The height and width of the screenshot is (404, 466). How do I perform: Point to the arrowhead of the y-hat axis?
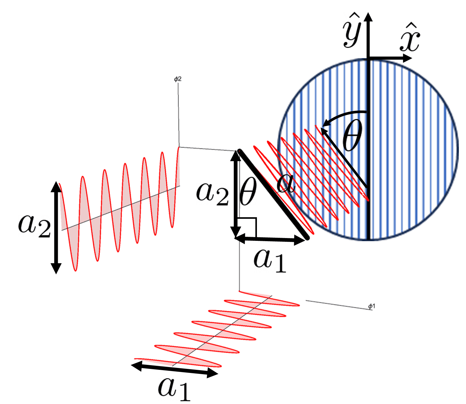pyautogui.click(x=368, y=17)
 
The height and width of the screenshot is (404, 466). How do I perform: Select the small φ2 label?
pyautogui.click(x=178, y=79)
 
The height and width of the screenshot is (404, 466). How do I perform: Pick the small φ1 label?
pyautogui.click(x=372, y=306)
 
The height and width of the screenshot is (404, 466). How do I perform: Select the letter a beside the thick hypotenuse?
pyautogui.click(x=286, y=184)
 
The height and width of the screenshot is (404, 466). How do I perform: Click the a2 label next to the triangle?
pyautogui.click(x=212, y=193)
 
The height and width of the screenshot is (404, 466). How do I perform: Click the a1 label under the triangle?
pyautogui.click(x=269, y=260)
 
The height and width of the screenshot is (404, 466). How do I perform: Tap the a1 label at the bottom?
pyautogui.click(x=174, y=388)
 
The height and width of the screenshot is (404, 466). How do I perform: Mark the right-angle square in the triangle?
pyautogui.click(x=247, y=227)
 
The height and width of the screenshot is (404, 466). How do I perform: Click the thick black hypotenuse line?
pyautogui.click(x=273, y=194)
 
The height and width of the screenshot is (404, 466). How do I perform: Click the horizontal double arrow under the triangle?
pyautogui.click(x=270, y=239)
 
